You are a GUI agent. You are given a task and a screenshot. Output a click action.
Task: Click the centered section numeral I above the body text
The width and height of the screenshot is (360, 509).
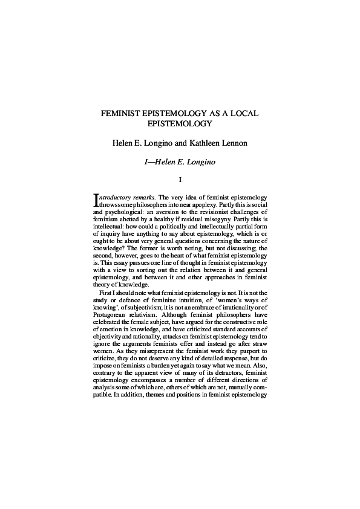180,179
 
